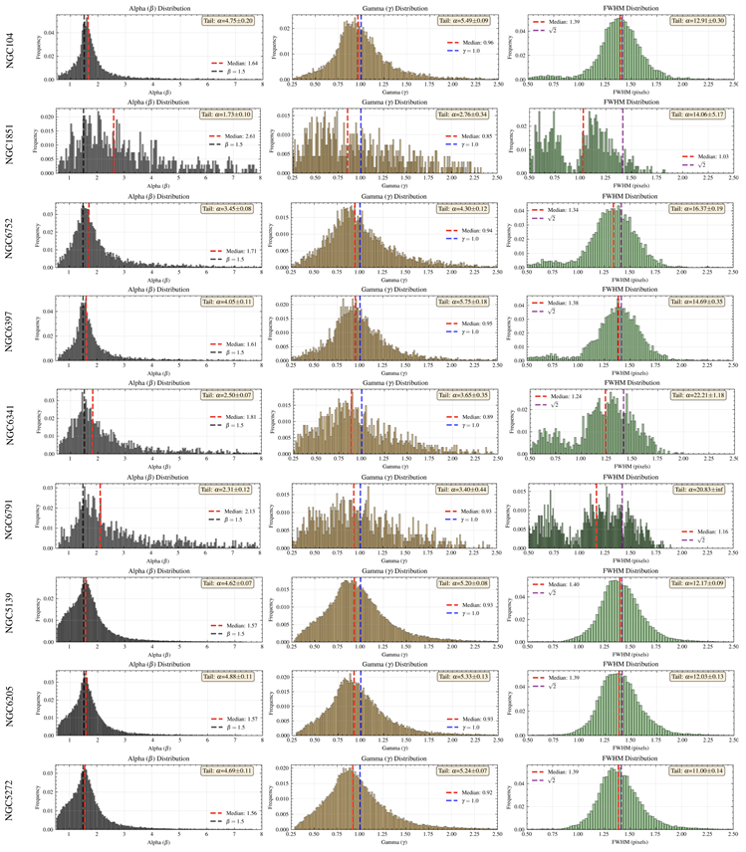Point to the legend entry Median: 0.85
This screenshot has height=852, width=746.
pos(474,135)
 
